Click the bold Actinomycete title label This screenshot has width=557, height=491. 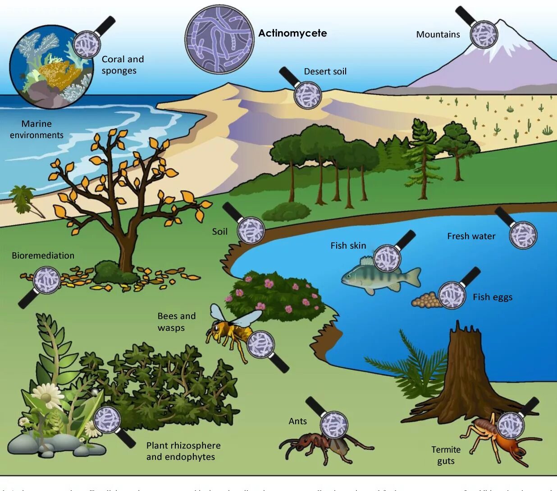tap(292, 33)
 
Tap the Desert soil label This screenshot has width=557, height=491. tap(325, 71)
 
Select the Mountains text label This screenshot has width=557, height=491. tap(438, 34)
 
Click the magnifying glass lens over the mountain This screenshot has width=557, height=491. tap(484, 34)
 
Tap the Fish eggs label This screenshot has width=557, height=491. tap(492, 297)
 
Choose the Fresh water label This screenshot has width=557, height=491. tap(471, 236)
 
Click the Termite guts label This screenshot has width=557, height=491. tap(446, 455)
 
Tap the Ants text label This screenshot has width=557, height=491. tap(297, 421)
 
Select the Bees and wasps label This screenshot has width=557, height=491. tap(176, 321)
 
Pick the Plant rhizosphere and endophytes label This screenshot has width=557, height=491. tap(183, 451)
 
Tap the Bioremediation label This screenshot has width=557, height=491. tap(43, 255)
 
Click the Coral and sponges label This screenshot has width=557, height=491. tap(122, 65)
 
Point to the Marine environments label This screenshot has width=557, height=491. tap(37, 129)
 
